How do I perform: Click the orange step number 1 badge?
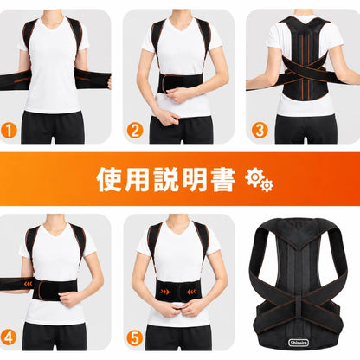coord(9,131)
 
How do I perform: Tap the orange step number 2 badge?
coord(135,131)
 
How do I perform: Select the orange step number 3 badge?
coord(260,130)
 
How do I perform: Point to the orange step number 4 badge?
coord(9,337)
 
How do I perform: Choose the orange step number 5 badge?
coord(135,337)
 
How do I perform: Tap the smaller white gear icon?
coord(267,185)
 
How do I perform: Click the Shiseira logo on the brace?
coord(299,343)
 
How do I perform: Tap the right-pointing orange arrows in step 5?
coord(164,292)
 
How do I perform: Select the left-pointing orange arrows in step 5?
coord(191,292)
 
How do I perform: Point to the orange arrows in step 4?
coord(28,284)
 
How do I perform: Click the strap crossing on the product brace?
coord(299,302)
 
